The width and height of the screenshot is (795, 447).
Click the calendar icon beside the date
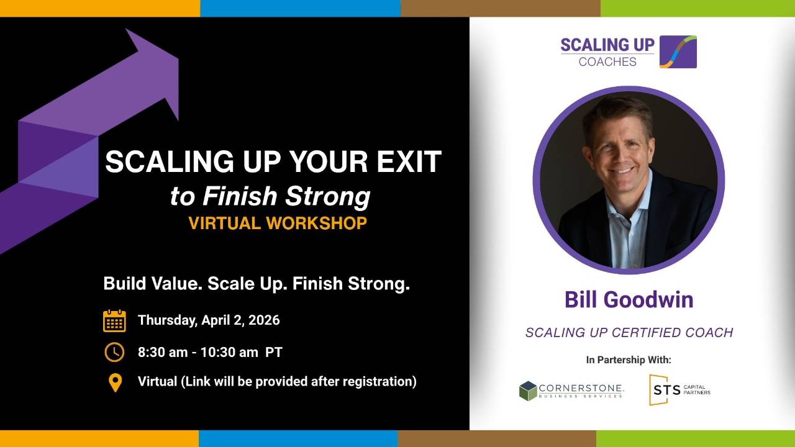114,321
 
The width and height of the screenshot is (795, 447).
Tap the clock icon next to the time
114,352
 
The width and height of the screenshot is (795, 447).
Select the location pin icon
115,383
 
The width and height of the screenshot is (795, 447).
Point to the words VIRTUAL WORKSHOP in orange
278,223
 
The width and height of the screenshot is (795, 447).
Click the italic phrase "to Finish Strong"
270,196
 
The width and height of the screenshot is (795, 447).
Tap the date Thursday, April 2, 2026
209,320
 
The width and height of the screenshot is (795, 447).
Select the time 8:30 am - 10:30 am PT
210,352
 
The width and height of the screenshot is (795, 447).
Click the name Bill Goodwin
629,300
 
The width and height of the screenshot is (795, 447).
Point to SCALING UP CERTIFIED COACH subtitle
629,333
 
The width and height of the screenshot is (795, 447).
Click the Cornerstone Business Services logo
571,391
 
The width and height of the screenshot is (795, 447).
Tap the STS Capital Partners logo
679,390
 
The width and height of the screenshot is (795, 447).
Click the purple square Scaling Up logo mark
678,52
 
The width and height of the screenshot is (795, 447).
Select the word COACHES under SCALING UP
607,61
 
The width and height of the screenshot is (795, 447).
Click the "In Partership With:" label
629,359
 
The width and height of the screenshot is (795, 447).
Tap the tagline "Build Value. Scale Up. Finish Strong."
257,284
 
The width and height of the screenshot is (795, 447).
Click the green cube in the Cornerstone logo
528,391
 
